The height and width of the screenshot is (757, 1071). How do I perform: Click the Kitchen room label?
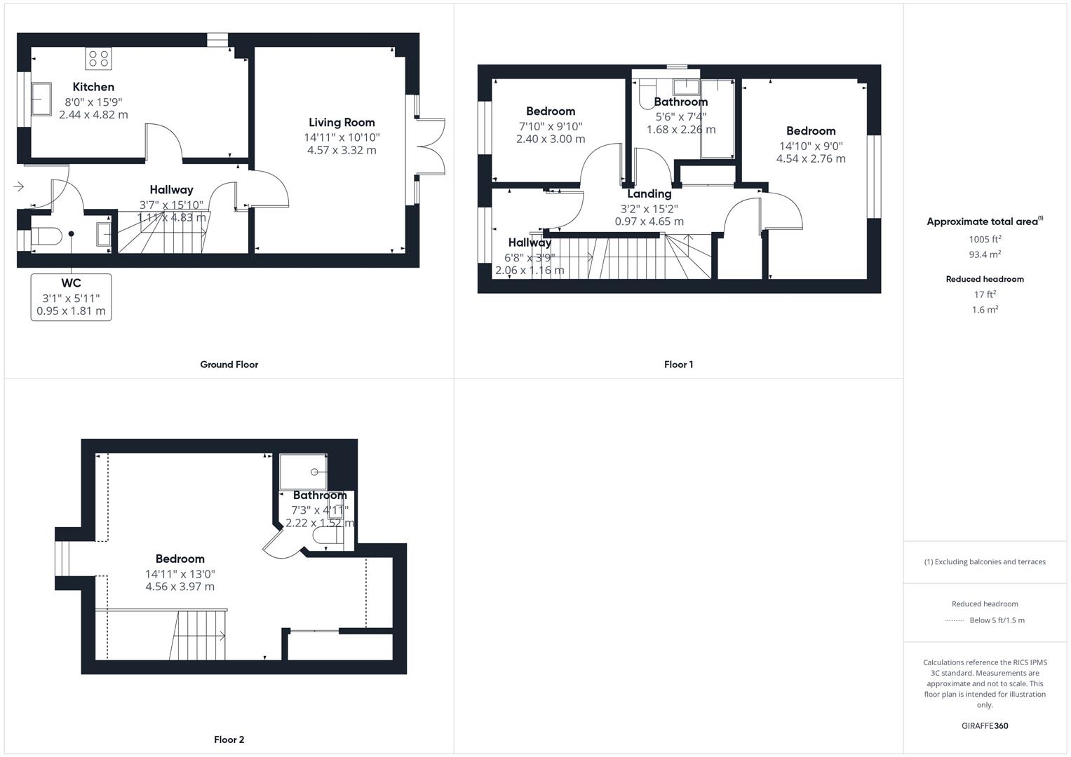93,87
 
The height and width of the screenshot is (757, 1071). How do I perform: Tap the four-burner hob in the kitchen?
98,58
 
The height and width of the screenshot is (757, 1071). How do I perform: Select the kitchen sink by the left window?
40,98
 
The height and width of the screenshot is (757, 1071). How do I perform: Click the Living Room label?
342,123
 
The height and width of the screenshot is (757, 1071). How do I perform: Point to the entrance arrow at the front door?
18,186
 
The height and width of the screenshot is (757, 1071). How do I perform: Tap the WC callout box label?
71,283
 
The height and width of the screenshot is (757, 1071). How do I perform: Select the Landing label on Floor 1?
649,194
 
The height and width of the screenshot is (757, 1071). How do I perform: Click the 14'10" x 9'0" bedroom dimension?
811,146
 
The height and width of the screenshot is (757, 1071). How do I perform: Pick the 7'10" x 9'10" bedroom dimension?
551,126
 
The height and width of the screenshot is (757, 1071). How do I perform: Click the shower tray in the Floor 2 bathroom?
303,471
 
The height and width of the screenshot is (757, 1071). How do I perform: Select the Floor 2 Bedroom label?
180,559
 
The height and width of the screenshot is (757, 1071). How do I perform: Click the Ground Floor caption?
229,364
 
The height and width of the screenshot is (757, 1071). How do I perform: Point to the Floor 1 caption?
678,364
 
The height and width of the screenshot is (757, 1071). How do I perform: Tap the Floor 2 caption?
229,739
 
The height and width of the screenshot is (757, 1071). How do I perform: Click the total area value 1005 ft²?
984,239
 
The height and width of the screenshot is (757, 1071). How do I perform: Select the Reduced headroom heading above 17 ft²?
985,279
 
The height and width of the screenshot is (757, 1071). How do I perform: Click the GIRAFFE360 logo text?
985,726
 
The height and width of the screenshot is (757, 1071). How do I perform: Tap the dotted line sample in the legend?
954,620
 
